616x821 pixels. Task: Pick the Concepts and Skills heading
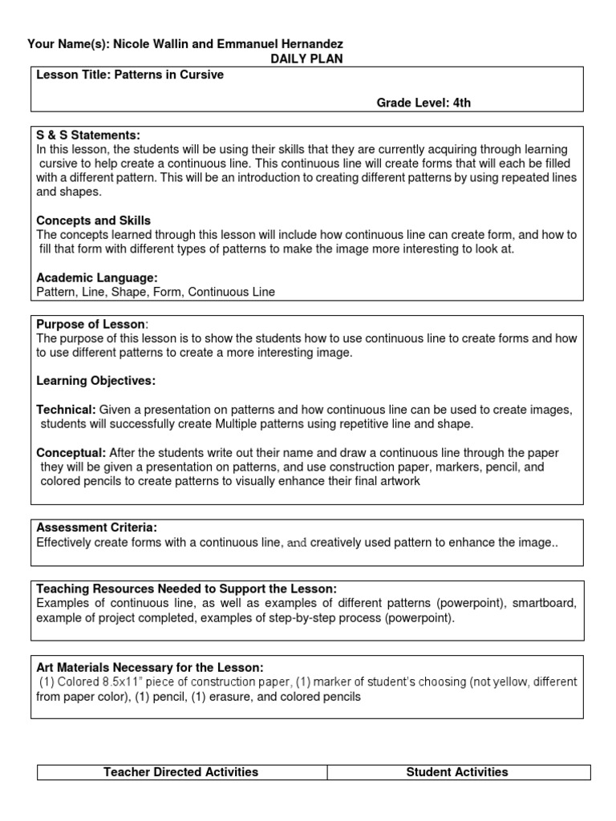[x=94, y=220]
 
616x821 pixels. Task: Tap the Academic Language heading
[x=97, y=277]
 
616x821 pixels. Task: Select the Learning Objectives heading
[x=96, y=380]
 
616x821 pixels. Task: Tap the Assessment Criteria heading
[x=97, y=528]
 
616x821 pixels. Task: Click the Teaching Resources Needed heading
[x=187, y=588]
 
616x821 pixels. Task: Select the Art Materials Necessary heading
[x=150, y=667]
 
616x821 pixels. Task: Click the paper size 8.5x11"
[x=107, y=682]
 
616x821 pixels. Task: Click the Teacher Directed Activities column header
[x=181, y=772]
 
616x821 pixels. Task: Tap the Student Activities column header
[x=457, y=772]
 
